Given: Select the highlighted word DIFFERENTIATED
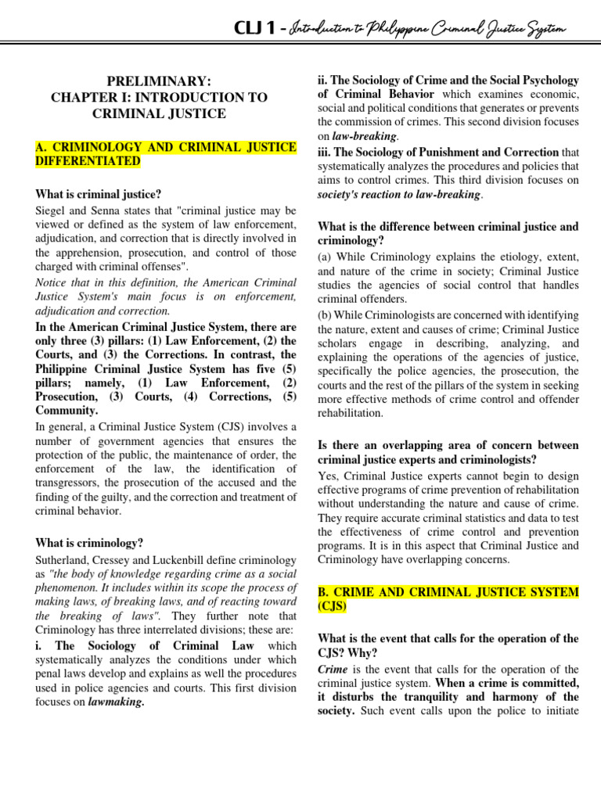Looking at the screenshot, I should coord(88,161).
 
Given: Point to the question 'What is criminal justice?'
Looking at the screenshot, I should coord(99,195).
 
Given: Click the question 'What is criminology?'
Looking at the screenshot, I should coord(90,543).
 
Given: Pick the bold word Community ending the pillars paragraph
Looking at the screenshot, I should coord(67,410).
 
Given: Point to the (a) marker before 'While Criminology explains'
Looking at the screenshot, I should coord(325,257).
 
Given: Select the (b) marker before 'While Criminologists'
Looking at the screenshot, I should coord(325,315).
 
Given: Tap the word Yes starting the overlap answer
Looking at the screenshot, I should coord(326,476).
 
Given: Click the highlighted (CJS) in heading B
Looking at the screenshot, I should coord(333,605).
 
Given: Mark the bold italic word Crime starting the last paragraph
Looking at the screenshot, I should coord(333,669).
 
